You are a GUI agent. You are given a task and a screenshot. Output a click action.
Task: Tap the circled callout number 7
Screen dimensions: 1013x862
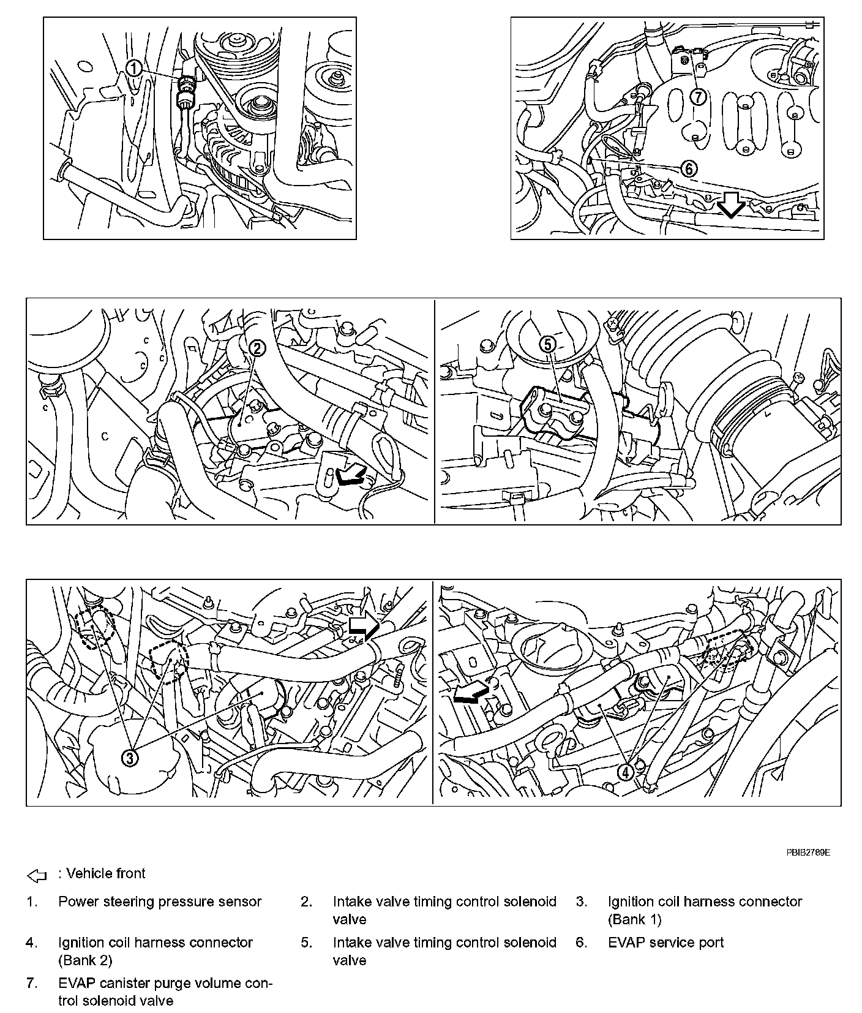pos(699,97)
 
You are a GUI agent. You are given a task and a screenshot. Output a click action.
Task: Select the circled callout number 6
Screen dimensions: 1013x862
pos(689,168)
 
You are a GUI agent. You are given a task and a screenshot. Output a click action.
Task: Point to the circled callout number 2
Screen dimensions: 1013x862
pos(257,348)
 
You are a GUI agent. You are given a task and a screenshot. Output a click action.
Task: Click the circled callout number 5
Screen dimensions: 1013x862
pos(548,345)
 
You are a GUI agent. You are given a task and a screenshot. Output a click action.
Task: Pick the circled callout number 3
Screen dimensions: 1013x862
pos(130,758)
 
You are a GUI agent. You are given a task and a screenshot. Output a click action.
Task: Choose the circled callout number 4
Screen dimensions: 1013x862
pos(625,772)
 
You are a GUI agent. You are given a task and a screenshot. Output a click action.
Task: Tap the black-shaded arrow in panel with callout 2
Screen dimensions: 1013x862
pos(351,475)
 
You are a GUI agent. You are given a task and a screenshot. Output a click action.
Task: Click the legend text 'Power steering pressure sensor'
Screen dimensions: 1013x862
pos(160,902)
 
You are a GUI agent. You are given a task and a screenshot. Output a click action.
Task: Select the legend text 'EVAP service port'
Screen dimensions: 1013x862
pos(665,943)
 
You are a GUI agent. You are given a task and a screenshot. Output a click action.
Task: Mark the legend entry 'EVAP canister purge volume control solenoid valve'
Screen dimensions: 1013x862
pos(165,992)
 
